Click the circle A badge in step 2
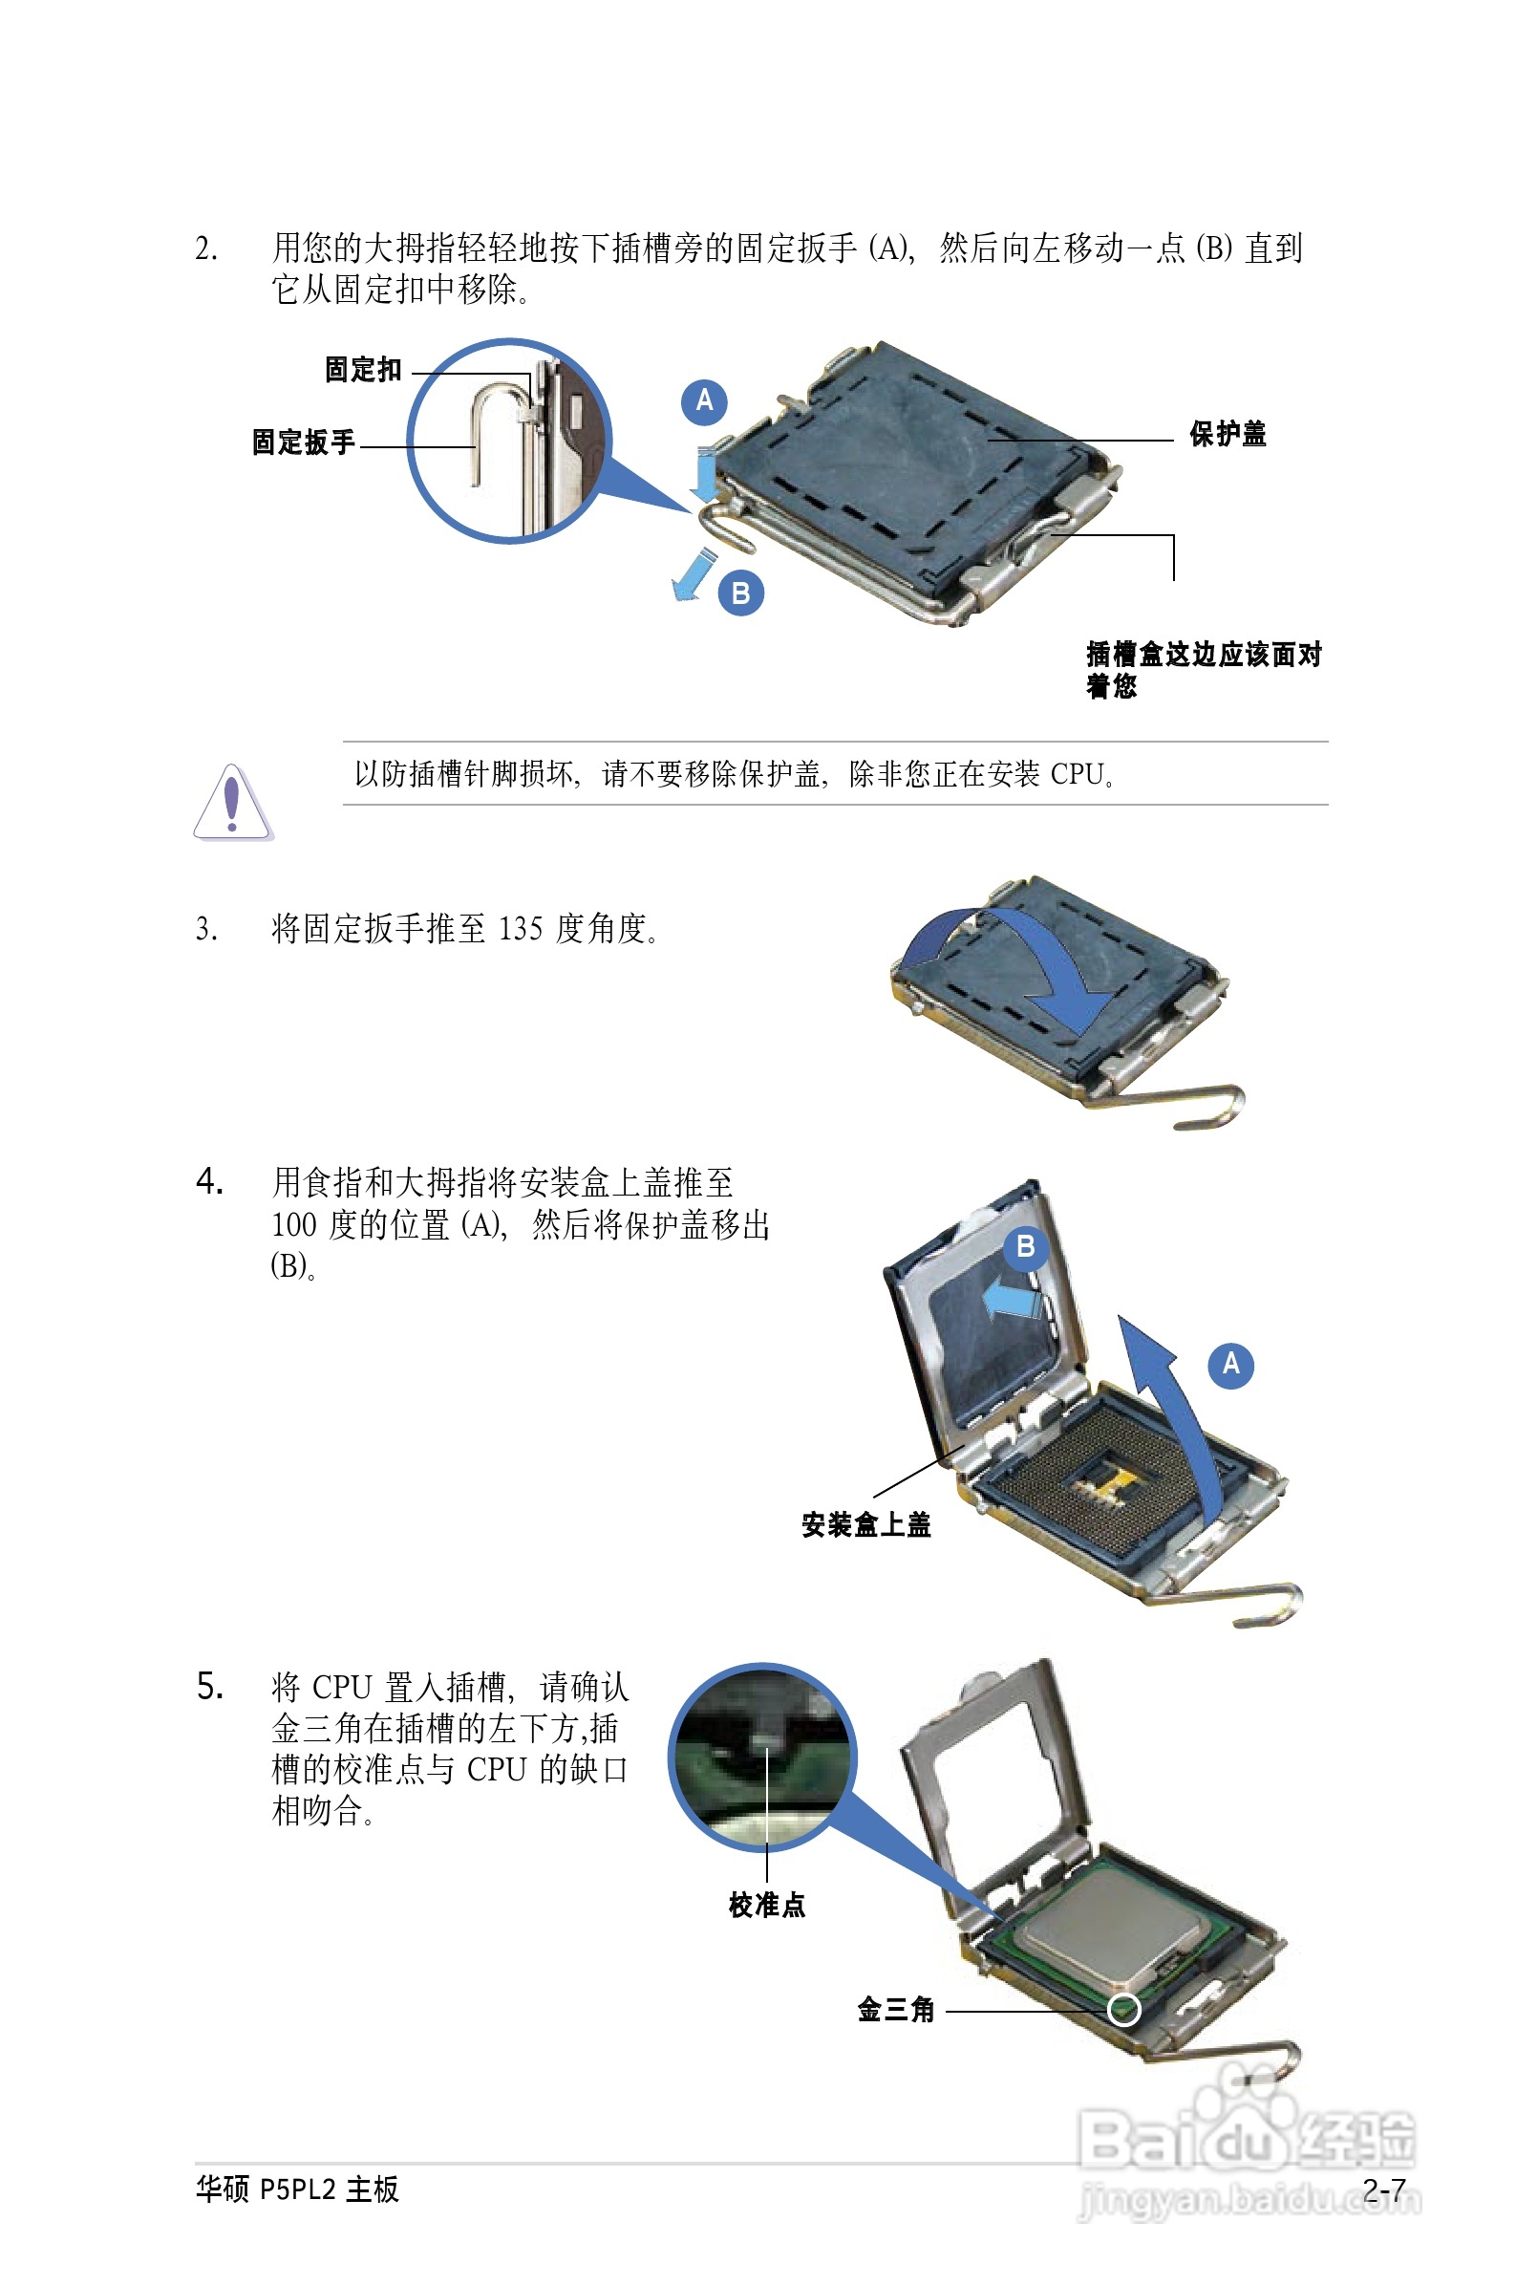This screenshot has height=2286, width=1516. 704,401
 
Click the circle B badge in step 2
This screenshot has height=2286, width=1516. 740,593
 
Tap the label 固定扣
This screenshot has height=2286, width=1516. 363,370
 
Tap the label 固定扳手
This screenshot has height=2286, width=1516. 304,442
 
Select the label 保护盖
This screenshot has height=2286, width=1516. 1227,434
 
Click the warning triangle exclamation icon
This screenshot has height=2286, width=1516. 232,803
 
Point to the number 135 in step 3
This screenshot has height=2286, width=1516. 521,929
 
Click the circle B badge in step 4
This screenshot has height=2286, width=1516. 1026,1247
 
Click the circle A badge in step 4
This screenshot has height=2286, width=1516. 1230,1365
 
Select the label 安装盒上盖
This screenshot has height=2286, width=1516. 865,1525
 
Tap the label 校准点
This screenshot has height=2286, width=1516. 767,1905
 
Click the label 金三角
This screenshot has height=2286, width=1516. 895,2010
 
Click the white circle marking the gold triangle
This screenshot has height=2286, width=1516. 1122,2010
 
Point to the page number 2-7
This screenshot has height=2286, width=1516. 1384,2189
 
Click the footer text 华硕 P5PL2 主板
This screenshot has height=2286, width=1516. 297,2189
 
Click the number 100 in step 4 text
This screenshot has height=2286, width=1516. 294,1225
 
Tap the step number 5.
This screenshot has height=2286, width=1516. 210,1687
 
